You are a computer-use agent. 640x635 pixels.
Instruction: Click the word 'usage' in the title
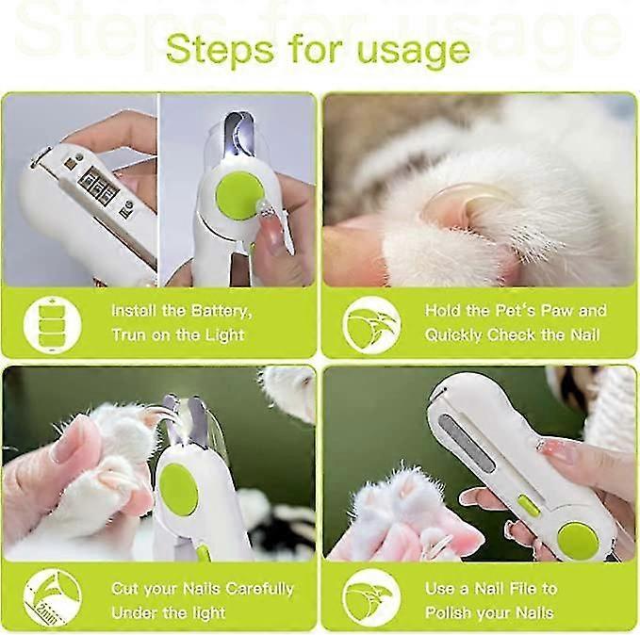(414, 52)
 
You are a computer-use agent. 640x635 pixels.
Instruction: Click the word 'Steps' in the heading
(220, 48)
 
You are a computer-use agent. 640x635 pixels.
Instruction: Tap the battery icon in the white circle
(52, 324)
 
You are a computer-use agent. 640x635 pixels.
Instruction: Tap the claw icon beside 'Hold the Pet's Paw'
(371, 325)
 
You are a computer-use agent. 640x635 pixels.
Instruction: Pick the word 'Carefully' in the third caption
(259, 589)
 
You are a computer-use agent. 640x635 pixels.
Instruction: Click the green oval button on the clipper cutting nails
(178, 490)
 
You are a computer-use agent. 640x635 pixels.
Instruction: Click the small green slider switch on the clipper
(529, 505)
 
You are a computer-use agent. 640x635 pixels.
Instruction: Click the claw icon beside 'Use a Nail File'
(371, 598)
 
